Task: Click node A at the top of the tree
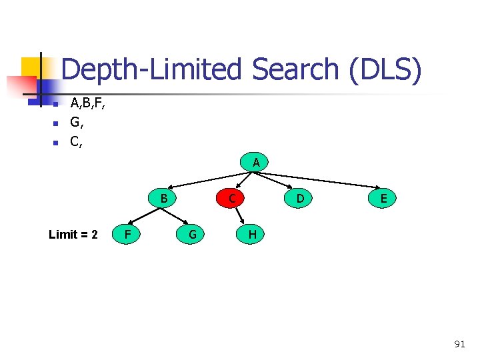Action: tap(256, 163)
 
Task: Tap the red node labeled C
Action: tap(231, 198)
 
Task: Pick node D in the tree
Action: tap(300, 198)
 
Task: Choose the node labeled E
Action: tap(384, 199)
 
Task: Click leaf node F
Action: tap(127, 234)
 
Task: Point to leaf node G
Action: tap(192, 234)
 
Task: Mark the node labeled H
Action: tap(253, 234)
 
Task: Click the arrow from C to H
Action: tap(241, 216)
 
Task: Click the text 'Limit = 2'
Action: tap(73, 235)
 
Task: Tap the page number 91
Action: tap(459, 344)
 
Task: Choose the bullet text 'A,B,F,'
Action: tap(88, 103)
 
